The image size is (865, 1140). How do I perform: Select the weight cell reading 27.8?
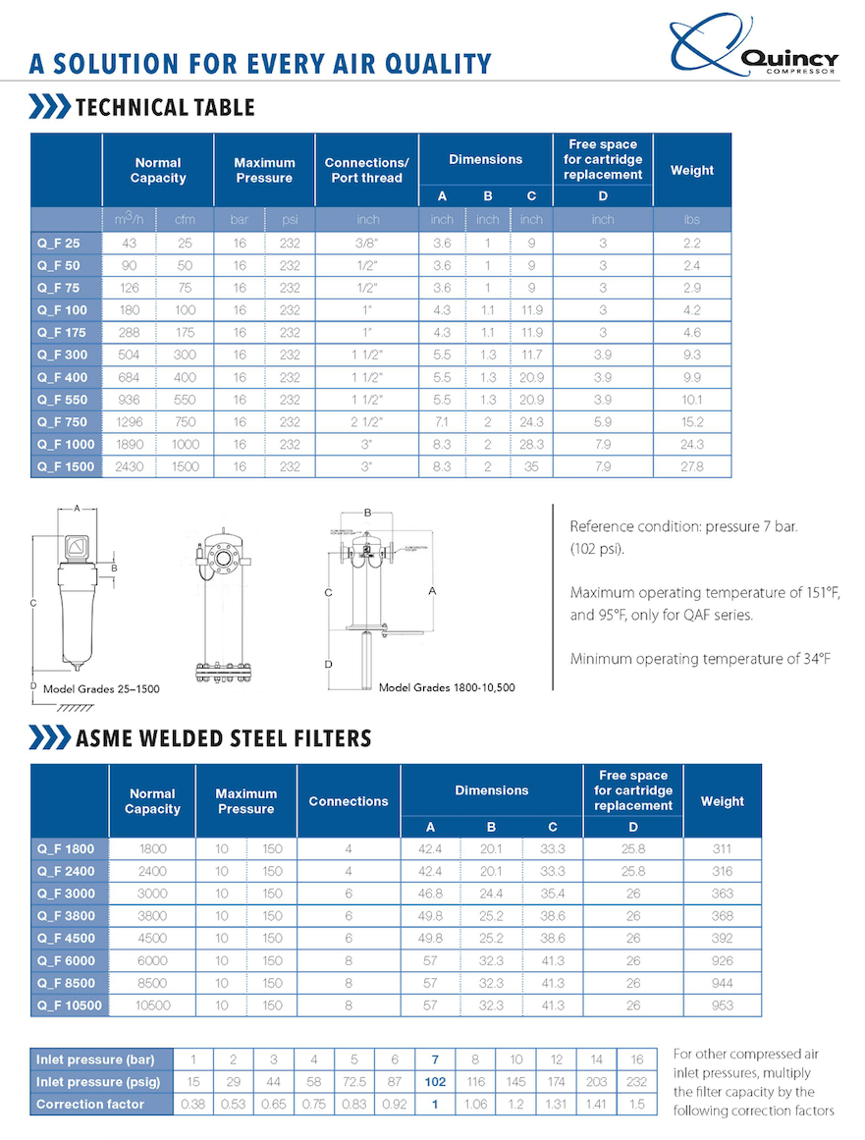(x=692, y=466)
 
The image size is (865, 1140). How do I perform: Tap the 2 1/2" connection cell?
(x=366, y=422)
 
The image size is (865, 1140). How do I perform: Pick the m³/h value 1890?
(x=130, y=445)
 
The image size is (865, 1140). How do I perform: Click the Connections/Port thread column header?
(x=366, y=170)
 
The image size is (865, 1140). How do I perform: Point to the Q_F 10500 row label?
(x=69, y=1005)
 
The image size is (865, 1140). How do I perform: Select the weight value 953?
(x=722, y=1005)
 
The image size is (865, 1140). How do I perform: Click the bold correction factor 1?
(x=434, y=1104)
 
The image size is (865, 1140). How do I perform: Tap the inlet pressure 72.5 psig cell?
(x=353, y=1081)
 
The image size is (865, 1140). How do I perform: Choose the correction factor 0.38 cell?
(x=193, y=1104)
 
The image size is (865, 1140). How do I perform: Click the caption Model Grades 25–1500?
(x=101, y=689)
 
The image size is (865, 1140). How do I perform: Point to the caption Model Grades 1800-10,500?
(x=447, y=687)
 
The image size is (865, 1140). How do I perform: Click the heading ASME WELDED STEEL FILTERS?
(x=223, y=737)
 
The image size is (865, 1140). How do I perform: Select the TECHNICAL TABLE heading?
(x=165, y=107)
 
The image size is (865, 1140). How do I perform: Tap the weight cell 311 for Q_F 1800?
(x=722, y=848)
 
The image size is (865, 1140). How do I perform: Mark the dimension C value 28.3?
(x=531, y=445)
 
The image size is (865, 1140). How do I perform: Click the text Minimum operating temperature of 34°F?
(x=700, y=659)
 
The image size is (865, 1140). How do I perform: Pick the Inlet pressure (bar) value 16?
(x=637, y=1059)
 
